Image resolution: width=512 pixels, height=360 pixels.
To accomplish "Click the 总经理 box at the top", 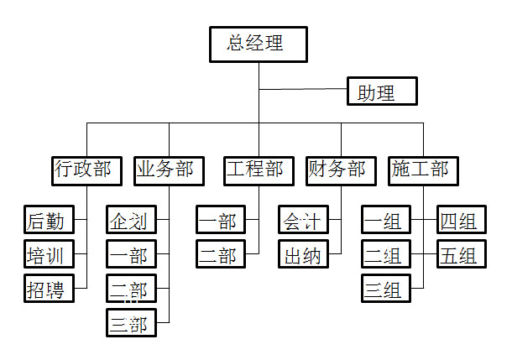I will click(258, 44).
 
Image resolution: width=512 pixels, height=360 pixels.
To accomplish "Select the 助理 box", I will click(382, 91).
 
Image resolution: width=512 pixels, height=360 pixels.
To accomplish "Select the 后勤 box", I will click(49, 220).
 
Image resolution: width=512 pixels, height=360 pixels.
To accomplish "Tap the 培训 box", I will click(49, 253).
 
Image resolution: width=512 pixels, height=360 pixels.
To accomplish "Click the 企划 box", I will click(131, 220).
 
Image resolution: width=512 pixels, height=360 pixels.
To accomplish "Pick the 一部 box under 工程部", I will click(220, 220).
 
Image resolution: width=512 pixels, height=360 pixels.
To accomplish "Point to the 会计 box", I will click(302, 220).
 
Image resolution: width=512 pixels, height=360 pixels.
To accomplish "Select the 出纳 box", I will click(302, 253).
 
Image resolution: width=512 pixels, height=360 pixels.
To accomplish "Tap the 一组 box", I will click(384, 220).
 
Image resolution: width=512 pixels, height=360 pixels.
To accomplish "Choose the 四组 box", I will click(460, 220).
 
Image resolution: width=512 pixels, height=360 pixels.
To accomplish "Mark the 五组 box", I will click(460, 253).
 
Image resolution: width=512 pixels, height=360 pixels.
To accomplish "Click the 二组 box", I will click(384, 253).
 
